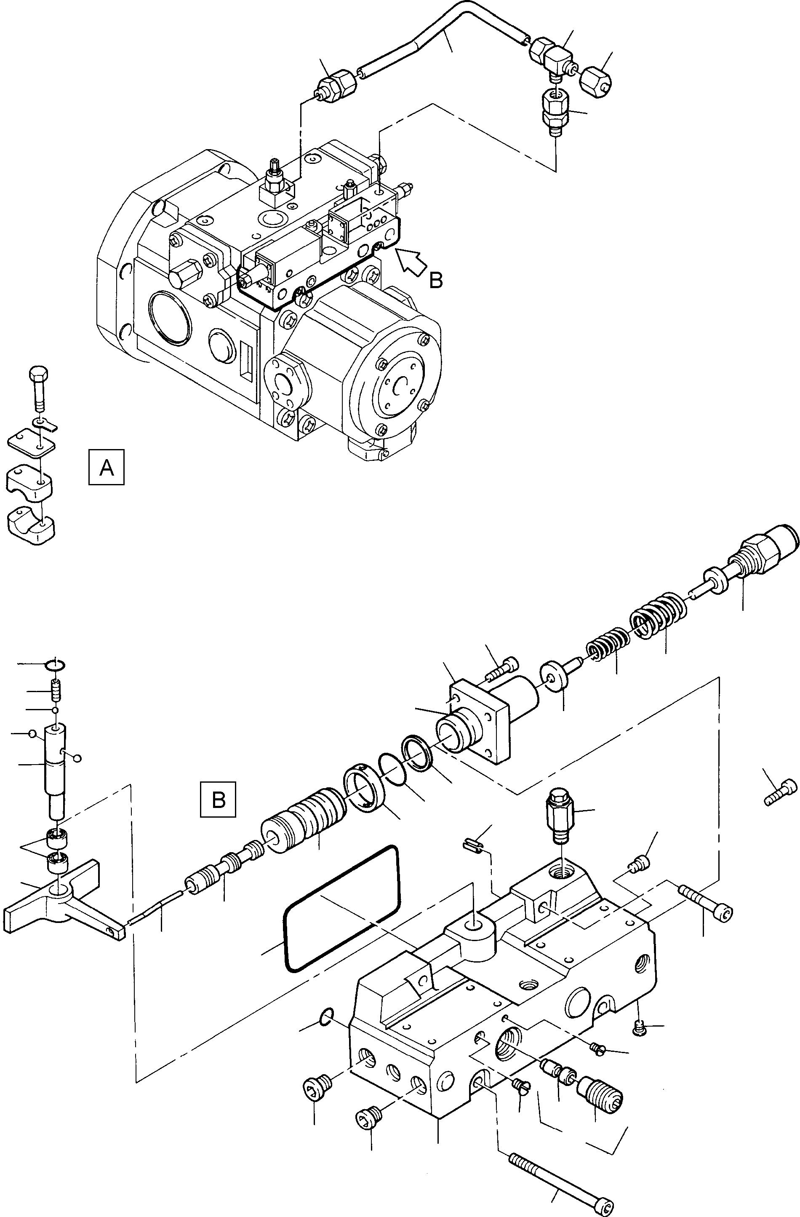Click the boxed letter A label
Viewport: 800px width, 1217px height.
pos(107,467)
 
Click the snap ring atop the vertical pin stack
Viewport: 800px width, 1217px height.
pos(56,664)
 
